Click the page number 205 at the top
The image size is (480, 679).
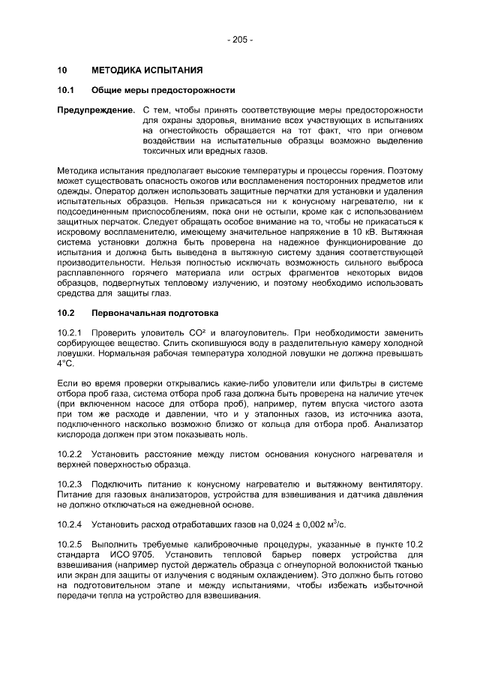240,39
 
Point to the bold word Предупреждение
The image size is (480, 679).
97,110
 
